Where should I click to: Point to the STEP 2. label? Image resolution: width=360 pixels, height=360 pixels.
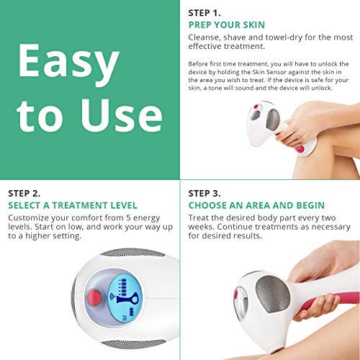point(28,194)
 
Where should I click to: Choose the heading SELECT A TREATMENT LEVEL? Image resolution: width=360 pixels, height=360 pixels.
point(73,205)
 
